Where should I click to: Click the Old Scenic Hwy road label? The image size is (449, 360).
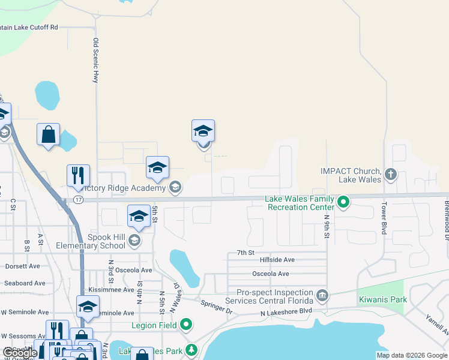(95, 60)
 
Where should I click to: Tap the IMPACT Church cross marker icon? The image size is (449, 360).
(391, 175)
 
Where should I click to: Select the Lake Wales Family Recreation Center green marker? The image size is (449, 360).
(343, 202)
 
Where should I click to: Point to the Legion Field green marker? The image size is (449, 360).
(186, 325)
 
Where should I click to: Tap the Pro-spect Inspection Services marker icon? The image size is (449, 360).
(322, 295)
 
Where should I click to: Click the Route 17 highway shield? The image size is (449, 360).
(78, 199)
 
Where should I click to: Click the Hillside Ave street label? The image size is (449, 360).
(277, 260)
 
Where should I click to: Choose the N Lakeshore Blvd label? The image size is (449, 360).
(286, 313)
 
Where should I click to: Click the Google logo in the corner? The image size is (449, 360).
(20, 353)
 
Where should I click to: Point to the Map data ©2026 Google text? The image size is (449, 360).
(411, 355)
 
